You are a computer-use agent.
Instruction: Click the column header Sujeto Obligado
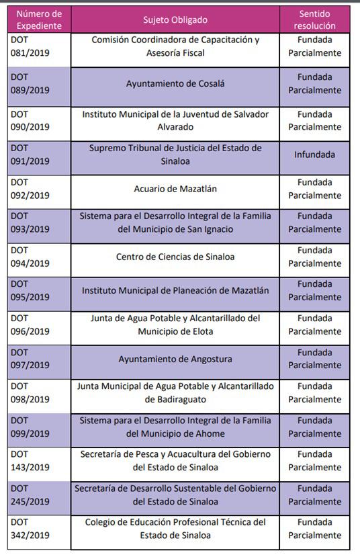(175, 20)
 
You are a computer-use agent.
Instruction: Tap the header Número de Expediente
(38, 20)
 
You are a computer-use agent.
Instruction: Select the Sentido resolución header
(314, 20)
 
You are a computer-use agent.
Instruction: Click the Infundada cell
(314, 155)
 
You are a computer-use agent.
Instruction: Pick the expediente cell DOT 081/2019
(30, 46)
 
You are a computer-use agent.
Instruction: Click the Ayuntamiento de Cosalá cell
(175, 84)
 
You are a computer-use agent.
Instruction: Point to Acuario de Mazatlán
(175, 189)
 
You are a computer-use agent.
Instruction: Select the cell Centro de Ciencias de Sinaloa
(175, 257)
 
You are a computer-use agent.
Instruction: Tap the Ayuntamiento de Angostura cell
(175, 359)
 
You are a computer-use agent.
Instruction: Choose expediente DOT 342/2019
(30, 529)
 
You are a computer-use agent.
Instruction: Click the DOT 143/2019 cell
(30, 461)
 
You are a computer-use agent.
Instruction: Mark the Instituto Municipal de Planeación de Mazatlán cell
(175, 291)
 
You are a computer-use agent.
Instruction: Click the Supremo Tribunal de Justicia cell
(175, 155)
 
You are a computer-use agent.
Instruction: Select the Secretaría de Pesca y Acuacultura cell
(175, 461)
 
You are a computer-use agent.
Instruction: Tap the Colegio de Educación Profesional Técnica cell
(175, 529)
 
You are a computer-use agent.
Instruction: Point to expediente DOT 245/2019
(30, 495)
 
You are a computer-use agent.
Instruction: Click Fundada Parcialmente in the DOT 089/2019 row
(314, 84)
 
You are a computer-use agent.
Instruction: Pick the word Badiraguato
(176, 400)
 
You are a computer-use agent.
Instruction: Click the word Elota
(200, 331)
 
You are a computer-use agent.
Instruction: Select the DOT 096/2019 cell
(30, 325)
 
